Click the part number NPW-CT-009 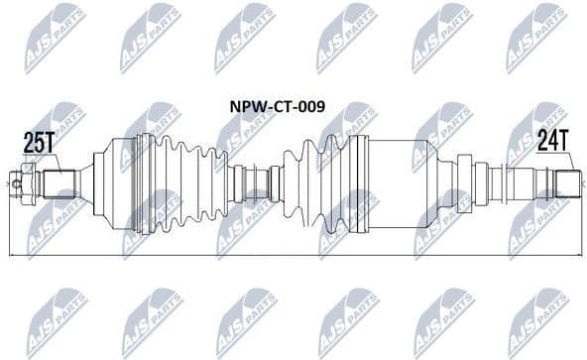coord(278,105)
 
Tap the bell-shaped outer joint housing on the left coord(114,185)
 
